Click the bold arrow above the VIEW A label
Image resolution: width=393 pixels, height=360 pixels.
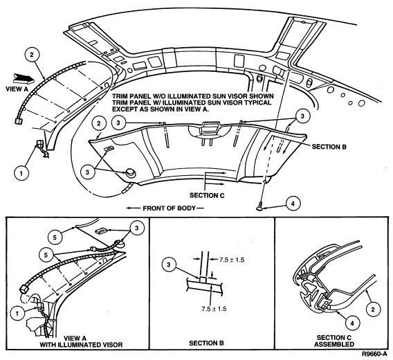pos(24,78)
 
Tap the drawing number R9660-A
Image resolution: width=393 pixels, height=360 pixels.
pos(374,354)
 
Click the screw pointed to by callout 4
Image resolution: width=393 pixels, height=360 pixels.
pos(259,206)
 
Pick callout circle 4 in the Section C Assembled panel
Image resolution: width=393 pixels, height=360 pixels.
pos(352,323)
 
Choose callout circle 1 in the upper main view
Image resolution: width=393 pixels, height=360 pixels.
pos(21,173)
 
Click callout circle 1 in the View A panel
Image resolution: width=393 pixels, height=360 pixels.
pos(17,314)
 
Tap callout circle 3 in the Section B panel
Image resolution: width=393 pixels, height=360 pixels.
pos(169,264)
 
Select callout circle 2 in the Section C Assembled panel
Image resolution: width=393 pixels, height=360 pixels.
pos(373,309)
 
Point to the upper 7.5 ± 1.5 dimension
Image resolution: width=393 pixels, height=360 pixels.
pos(232,260)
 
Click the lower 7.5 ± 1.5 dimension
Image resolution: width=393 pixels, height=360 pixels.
pos(214,309)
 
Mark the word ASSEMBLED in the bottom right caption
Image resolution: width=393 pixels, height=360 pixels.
pos(334,344)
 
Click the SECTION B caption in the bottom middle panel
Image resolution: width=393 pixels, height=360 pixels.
pos(206,343)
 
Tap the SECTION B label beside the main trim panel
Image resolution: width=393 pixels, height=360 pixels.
pos(329,147)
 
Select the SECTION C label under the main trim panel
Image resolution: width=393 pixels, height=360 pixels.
pos(207,195)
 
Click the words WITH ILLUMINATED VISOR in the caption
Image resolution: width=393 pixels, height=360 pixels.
pos(81,345)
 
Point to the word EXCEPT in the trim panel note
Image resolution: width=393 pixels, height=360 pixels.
pos(122,109)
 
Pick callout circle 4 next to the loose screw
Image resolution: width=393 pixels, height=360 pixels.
pos(293,204)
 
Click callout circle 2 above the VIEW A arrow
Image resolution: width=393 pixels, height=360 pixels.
pos(32,55)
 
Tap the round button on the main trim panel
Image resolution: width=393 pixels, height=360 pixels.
pos(130,172)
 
